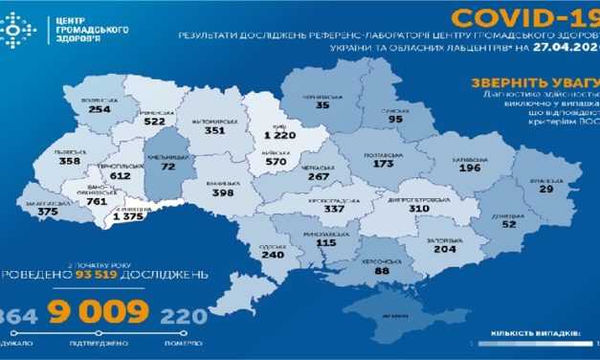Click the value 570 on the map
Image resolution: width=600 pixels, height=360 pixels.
coord(277,161)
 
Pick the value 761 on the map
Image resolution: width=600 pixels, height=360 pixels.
coord(97,201)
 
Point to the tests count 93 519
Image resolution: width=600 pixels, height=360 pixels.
coord(109,276)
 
